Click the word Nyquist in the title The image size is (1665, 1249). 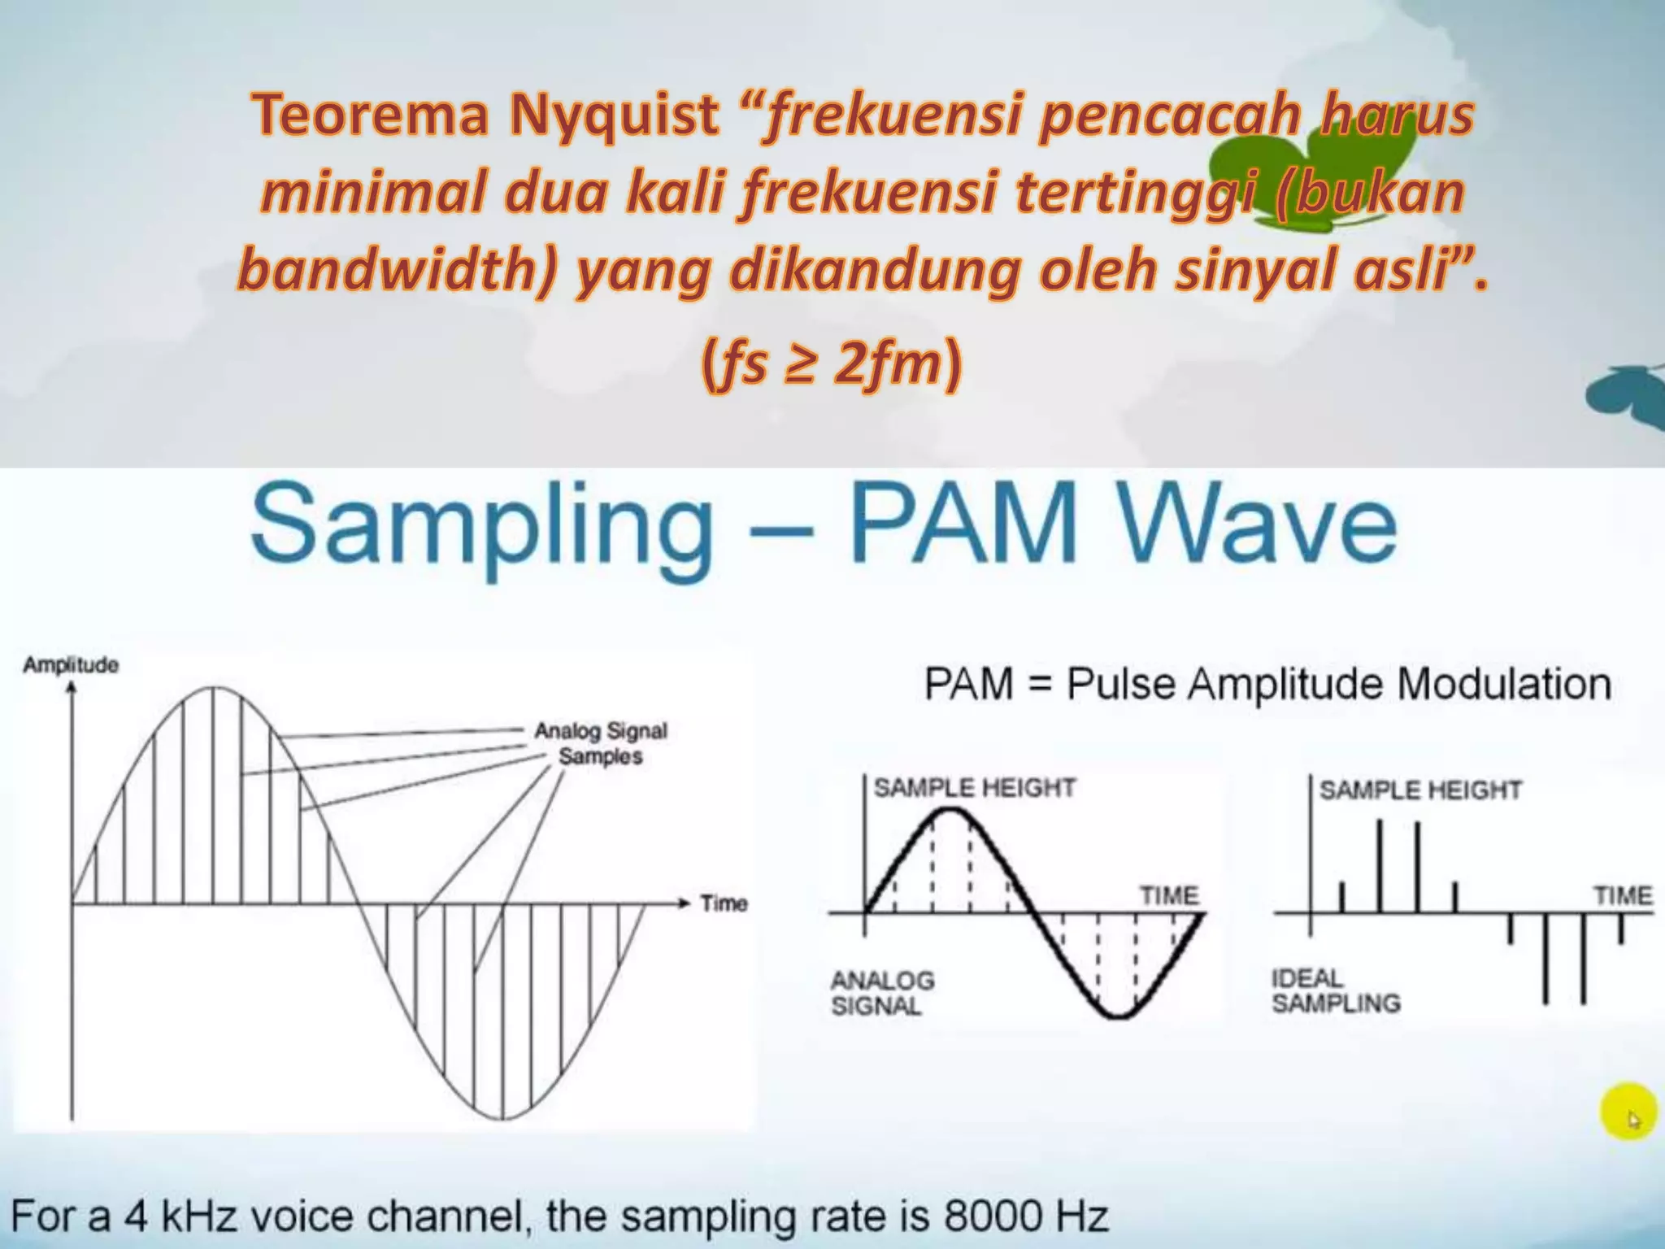(x=614, y=115)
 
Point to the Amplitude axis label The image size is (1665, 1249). (x=71, y=665)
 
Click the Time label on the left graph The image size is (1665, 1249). (x=724, y=903)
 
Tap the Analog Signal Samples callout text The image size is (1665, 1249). (x=600, y=743)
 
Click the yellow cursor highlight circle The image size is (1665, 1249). (x=1628, y=1111)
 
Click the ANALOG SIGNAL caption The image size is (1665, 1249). (x=881, y=993)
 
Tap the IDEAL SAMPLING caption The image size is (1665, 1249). (x=1335, y=990)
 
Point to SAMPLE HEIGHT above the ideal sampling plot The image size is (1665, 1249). (x=1419, y=790)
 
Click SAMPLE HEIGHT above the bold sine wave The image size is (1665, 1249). (x=974, y=787)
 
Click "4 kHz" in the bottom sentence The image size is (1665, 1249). (x=180, y=1216)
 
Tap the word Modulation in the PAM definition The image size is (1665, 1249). (x=1503, y=684)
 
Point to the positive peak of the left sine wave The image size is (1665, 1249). (x=213, y=690)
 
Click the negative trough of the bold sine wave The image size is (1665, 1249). (x=1119, y=1016)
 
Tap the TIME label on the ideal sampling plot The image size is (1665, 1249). (x=1622, y=895)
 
